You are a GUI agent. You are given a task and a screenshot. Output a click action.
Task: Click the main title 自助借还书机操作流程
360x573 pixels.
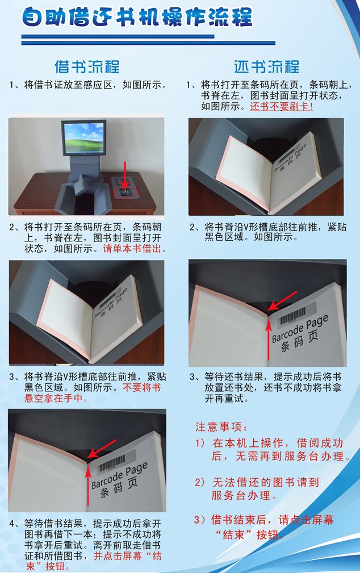click(137, 18)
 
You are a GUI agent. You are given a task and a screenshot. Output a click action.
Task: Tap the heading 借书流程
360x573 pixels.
click(87, 67)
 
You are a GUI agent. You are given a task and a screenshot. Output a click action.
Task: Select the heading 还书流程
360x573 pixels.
click(266, 67)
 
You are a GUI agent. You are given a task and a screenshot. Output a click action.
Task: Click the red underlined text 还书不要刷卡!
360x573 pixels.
click(282, 106)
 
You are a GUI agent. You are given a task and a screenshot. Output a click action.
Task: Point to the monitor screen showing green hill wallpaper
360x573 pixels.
click(83, 137)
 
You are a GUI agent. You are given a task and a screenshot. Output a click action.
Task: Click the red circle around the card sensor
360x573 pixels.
click(126, 193)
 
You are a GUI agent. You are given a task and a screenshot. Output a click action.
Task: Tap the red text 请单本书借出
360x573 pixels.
click(132, 249)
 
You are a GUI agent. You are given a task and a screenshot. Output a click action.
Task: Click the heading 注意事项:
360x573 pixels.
click(221, 427)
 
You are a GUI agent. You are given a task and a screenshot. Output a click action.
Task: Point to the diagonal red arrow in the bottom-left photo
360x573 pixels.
click(102, 449)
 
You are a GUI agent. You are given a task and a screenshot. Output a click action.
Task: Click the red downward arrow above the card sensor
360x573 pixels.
click(125, 176)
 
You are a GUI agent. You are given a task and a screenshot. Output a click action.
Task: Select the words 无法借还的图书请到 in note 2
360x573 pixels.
click(266, 482)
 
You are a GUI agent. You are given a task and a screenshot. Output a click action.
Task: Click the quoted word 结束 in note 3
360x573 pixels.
click(233, 535)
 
